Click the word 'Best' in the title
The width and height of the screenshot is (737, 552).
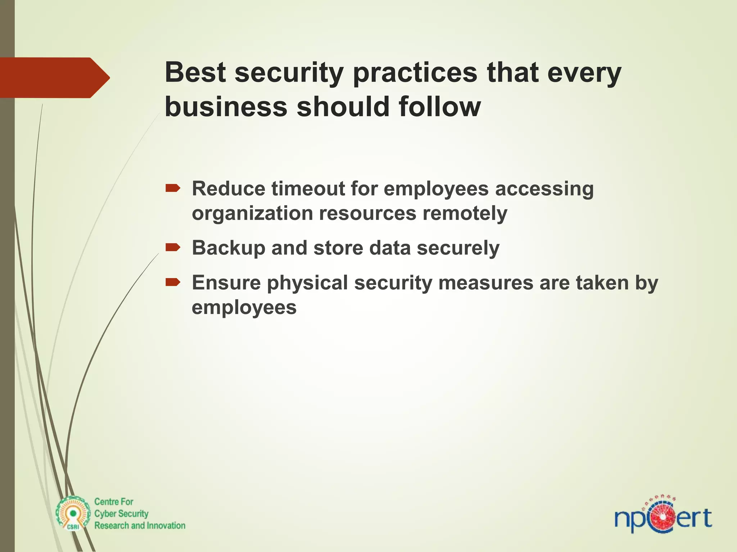pyautogui.click(x=195, y=73)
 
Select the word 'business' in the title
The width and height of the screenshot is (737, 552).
pyautogui.click(x=226, y=107)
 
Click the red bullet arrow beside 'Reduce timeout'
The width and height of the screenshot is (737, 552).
pyautogui.click(x=173, y=188)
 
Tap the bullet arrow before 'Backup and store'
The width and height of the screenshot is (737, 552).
pyautogui.click(x=173, y=247)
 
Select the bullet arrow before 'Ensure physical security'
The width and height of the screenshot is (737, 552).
pyautogui.click(x=173, y=282)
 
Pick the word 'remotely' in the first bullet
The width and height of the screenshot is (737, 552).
pyautogui.click(x=465, y=213)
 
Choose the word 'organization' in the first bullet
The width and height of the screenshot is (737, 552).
pyautogui.click(x=252, y=213)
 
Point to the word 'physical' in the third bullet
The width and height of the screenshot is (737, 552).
pyautogui.click(x=307, y=283)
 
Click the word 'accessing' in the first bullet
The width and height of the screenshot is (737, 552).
pyautogui.click(x=544, y=189)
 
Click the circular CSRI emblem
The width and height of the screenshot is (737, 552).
pyautogui.click(x=73, y=514)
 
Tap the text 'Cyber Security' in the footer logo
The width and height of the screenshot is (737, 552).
pyautogui.click(x=121, y=514)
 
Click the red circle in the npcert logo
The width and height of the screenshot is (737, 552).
pyautogui.click(x=662, y=518)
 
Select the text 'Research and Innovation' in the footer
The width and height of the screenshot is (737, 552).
pyautogui.click(x=140, y=525)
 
